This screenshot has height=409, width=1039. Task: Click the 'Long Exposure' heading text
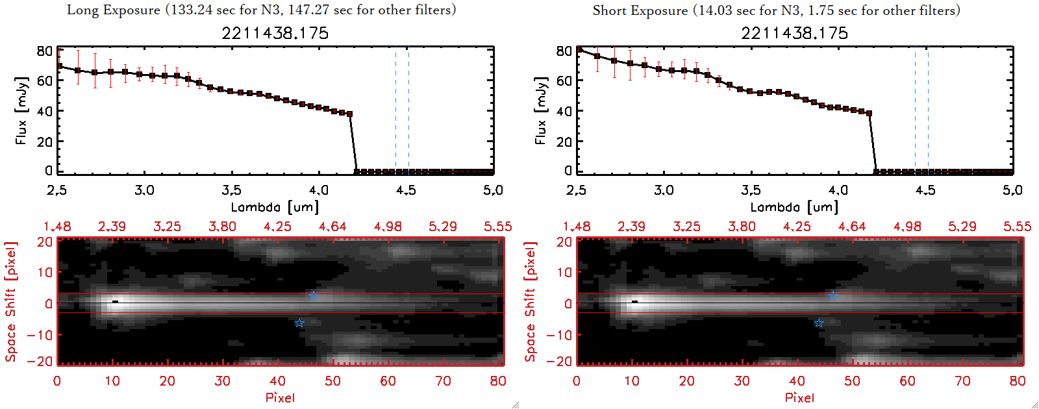114,10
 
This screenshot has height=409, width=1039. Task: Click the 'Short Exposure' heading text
640,10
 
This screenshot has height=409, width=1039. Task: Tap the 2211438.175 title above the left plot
275,33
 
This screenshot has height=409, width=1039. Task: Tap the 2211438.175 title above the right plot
794,33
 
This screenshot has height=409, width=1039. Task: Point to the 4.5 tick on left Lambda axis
406,190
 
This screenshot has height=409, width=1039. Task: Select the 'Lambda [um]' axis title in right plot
794,207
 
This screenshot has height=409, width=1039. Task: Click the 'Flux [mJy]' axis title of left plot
21,110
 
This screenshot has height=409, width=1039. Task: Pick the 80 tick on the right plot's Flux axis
564,51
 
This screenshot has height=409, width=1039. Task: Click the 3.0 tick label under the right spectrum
664,190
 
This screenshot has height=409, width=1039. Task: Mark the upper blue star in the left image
314,295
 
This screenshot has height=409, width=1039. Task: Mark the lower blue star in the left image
299,323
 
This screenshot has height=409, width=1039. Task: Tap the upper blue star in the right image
833,295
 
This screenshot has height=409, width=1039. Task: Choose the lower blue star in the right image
819,323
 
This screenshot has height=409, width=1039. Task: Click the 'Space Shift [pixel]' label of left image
10,302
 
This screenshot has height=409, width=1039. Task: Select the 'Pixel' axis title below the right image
799,397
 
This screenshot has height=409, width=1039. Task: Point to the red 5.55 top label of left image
497,227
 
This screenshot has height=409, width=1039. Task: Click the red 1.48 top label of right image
577,227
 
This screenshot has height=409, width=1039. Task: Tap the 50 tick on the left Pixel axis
332,381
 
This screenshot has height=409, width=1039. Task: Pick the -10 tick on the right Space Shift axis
559,334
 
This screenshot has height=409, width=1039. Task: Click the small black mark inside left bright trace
116,301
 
